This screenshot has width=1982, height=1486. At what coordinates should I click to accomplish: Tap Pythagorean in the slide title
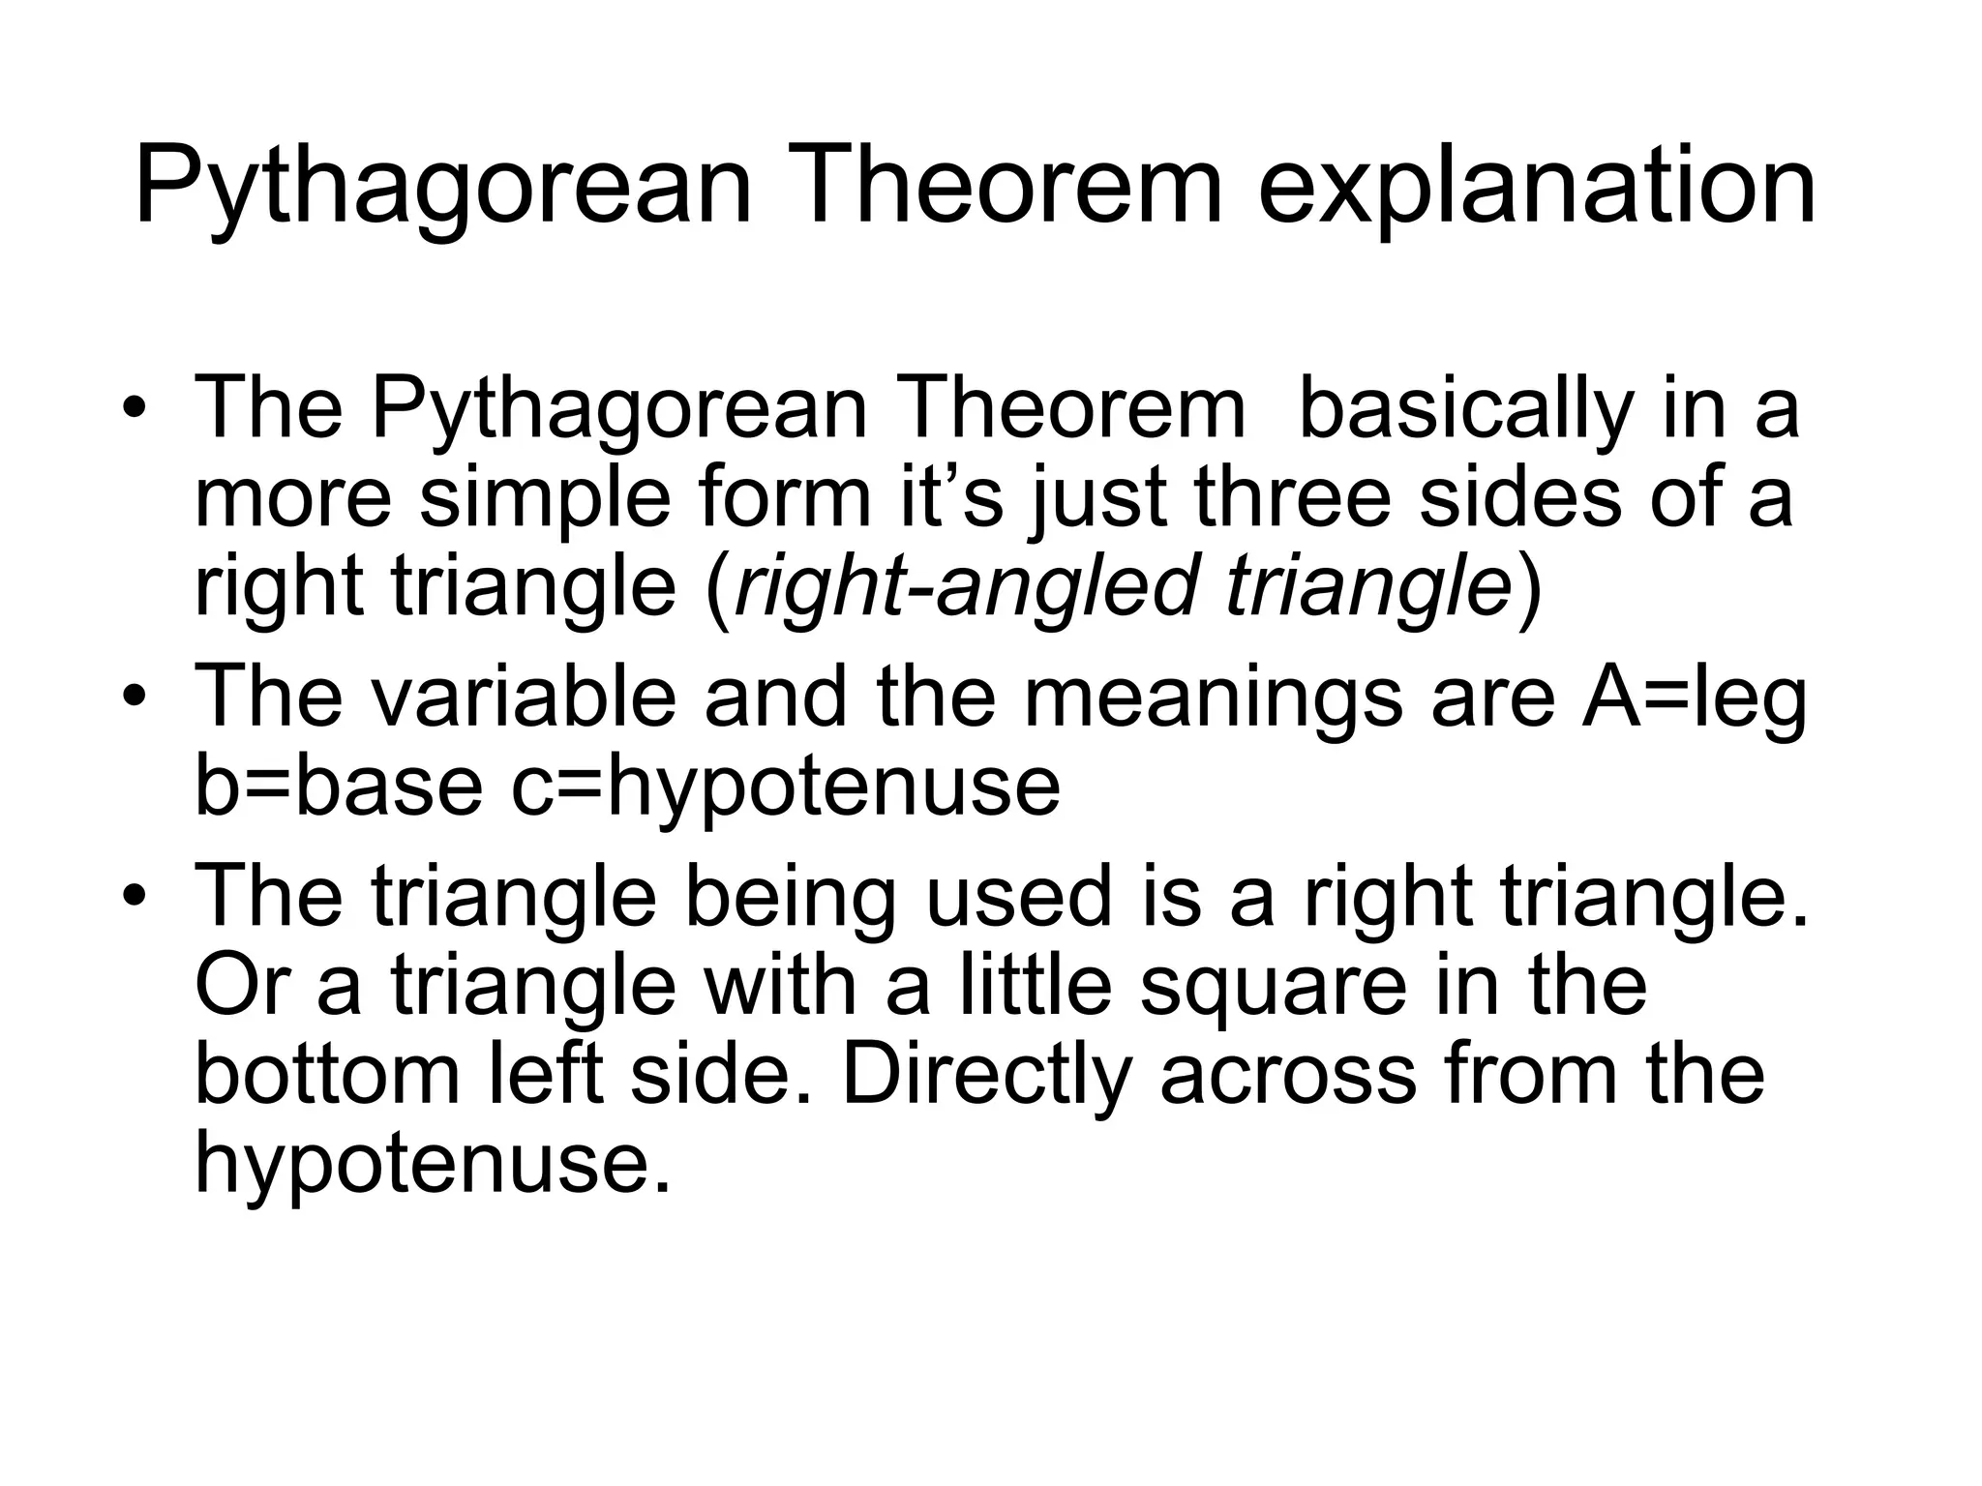pyautogui.click(x=442, y=188)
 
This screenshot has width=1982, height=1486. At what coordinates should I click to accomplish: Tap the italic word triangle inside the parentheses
pyautogui.click(x=1367, y=589)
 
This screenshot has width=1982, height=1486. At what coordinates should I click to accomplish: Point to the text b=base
pyautogui.click(x=338, y=786)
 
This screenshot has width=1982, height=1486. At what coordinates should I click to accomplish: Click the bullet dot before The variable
pyautogui.click(x=135, y=698)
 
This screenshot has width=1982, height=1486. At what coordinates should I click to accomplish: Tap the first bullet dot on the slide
pyautogui.click(x=135, y=409)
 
